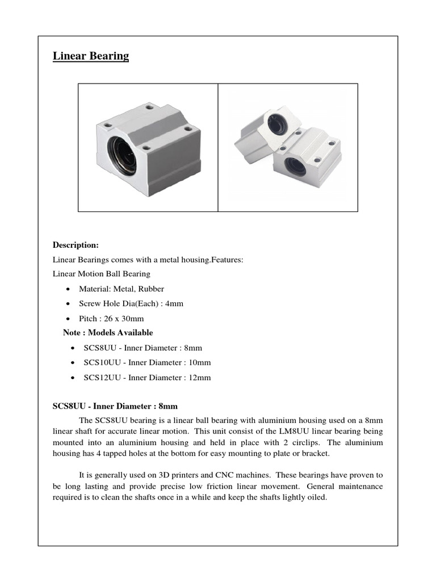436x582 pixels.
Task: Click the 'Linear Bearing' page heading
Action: pos(91,56)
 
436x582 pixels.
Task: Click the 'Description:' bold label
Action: pos(76,245)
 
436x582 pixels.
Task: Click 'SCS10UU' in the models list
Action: pos(100,363)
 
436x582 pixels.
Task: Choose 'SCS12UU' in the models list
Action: pos(100,377)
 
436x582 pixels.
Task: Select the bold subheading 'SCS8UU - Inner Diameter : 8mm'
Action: pos(115,406)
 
